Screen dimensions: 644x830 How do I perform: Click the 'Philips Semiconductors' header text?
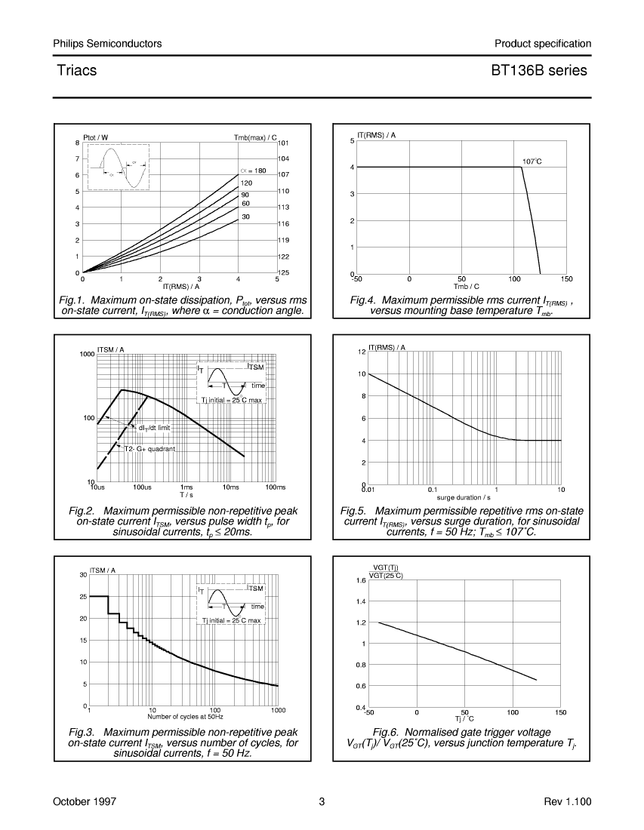[x=107, y=44]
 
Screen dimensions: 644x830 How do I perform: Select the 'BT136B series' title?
[x=539, y=70]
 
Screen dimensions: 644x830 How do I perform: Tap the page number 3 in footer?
[x=322, y=801]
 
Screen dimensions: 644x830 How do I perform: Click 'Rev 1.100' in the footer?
[x=567, y=801]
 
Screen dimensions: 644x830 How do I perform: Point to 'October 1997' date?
[x=85, y=801]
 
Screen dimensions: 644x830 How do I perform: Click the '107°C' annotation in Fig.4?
[x=532, y=161]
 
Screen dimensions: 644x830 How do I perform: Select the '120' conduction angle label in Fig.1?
[x=246, y=183]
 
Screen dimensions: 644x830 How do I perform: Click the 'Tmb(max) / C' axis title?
[x=255, y=137]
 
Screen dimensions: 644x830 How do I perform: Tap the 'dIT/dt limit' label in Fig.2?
[x=154, y=428]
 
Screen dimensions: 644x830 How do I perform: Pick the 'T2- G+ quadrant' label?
[x=149, y=449]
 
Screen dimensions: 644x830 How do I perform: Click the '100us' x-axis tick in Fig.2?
[x=142, y=487]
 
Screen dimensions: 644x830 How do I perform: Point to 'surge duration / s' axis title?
[x=464, y=497]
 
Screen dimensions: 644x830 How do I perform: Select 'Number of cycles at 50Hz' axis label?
[x=185, y=717]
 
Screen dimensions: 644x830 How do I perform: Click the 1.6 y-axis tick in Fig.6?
[x=361, y=580]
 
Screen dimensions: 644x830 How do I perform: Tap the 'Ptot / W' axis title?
[x=95, y=137]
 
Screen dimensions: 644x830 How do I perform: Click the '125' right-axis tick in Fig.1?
[x=284, y=272]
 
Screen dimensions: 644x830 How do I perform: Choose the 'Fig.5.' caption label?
[x=353, y=511]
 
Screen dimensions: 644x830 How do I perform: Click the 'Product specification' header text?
[x=543, y=44]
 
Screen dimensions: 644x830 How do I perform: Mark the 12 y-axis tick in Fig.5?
[x=362, y=352]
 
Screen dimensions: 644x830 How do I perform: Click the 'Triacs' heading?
[x=77, y=70]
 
